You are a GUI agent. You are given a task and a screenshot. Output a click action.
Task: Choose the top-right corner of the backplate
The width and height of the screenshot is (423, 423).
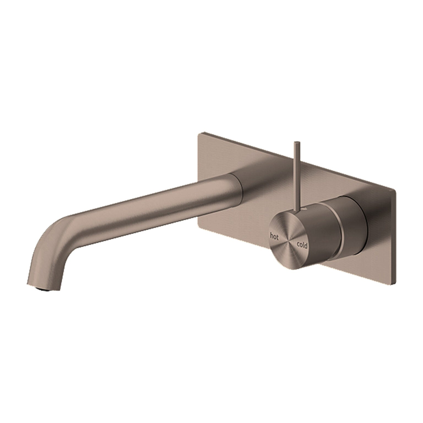tap(395, 190)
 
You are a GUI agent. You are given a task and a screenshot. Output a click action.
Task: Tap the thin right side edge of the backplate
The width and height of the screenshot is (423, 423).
tap(396, 234)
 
